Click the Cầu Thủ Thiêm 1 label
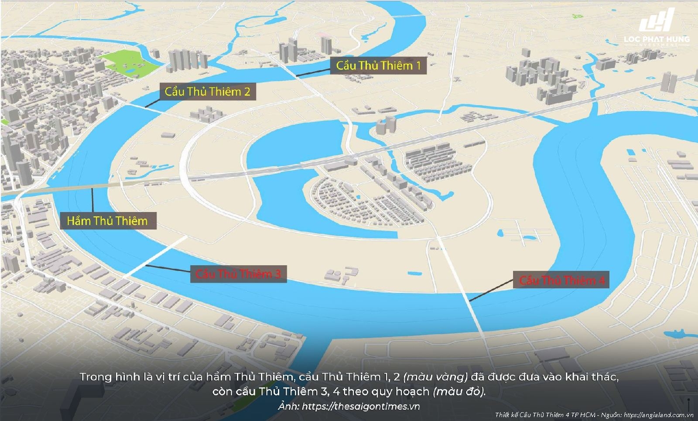[x=378, y=66]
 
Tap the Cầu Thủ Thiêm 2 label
[x=207, y=92]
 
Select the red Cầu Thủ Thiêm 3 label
[x=238, y=274]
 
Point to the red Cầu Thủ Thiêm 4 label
[x=561, y=280]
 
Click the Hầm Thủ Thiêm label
[x=107, y=221]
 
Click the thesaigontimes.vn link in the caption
[x=361, y=407]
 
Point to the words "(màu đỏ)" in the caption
[x=459, y=392]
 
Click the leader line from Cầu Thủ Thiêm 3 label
[x=168, y=268]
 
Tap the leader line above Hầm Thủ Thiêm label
[x=92, y=200]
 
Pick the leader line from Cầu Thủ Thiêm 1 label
[x=313, y=73]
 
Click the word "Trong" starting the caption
[x=95, y=377]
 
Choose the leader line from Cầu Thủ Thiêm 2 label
[x=153, y=103]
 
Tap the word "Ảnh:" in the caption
[x=288, y=407]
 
